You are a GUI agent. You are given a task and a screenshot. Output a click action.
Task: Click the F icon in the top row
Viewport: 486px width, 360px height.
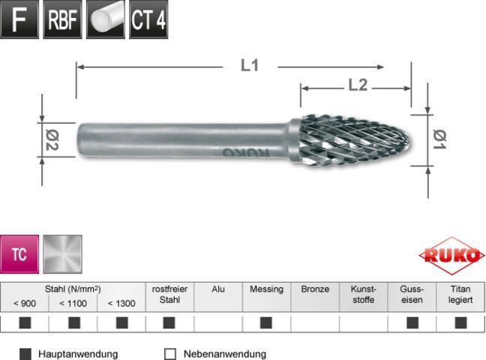[x=20, y=20]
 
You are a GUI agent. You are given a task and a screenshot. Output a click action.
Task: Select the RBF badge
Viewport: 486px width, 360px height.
[x=62, y=20]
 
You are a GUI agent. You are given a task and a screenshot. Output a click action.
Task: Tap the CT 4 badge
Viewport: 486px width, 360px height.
[x=148, y=20]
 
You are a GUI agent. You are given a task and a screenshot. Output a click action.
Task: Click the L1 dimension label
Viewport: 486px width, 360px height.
[x=250, y=66]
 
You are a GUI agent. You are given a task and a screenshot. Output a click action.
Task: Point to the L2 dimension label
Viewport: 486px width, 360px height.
[x=358, y=85]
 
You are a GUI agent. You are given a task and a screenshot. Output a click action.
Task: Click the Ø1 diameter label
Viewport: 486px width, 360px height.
[x=441, y=137]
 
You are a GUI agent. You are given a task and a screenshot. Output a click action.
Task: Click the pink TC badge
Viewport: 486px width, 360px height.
[x=20, y=254]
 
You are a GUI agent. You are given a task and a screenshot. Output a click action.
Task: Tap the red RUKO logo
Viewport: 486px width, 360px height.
[x=451, y=255]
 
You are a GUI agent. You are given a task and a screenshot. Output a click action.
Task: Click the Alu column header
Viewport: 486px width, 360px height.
[x=218, y=289]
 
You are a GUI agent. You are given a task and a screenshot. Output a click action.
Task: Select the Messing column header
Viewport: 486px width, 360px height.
[x=266, y=289]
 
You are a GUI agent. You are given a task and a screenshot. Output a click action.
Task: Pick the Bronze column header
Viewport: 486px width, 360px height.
[x=315, y=289]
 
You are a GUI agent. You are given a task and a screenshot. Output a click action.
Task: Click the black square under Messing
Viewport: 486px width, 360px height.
[x=266, y=323]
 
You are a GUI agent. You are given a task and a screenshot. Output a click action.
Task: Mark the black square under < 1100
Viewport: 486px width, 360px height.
[x=73, y=323]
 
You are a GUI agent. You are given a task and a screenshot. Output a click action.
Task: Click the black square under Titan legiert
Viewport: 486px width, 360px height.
[x=460, y=323]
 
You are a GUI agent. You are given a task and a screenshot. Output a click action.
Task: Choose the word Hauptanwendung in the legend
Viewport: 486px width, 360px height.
[x=78, y=353]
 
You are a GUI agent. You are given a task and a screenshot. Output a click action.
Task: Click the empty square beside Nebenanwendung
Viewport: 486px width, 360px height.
[x=169, y=353]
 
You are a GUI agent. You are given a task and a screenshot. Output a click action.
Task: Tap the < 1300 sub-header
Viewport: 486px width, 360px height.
[x=121, y=303]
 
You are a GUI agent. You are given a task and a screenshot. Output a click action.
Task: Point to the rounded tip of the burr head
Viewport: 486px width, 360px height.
[x=407, y=139]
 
